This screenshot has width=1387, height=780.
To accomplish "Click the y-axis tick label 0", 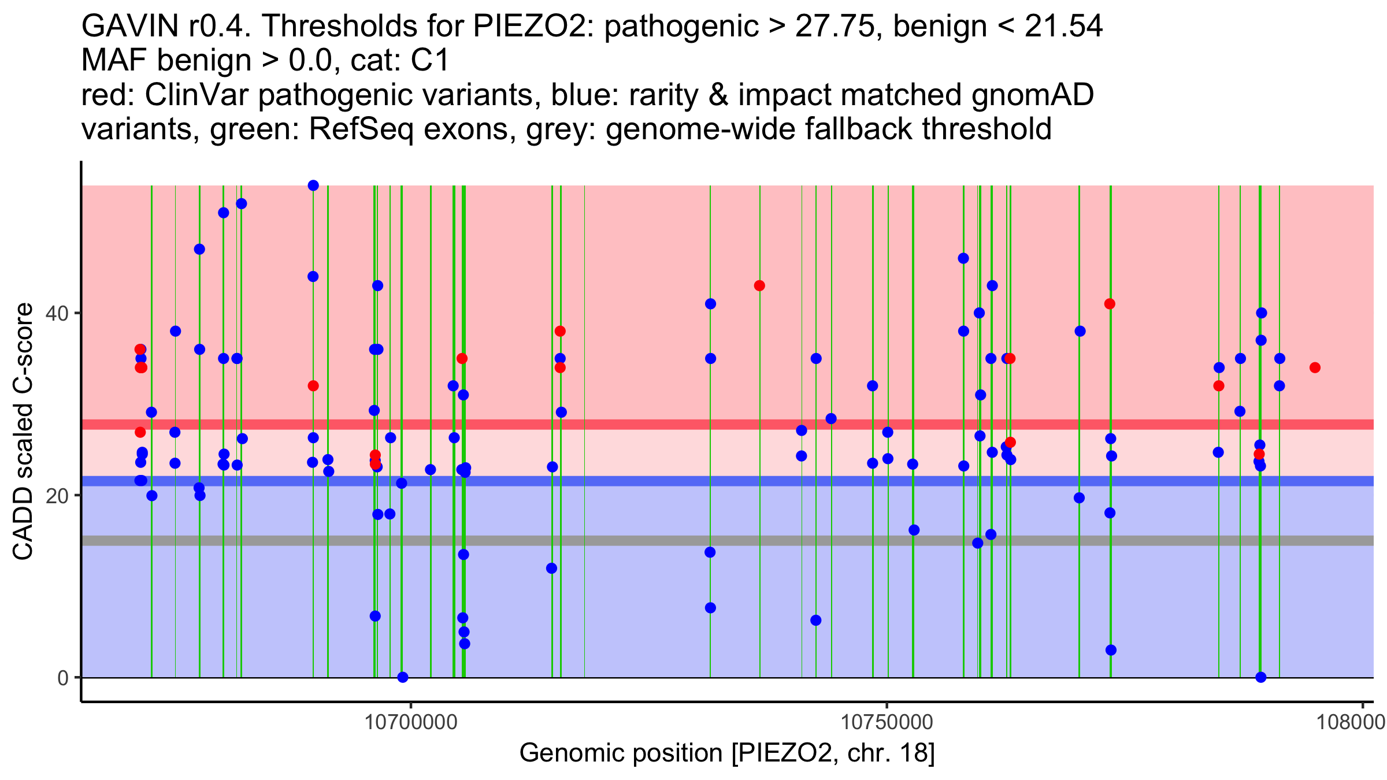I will [x=62, y=678].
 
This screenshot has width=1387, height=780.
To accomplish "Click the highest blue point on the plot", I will [x=313, y=185].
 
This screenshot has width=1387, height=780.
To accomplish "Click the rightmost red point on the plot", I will [x=1315, y=367].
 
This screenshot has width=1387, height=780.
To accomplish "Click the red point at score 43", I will [x=759, y=285].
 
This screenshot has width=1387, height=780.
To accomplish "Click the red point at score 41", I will [x=1110, y=304].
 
